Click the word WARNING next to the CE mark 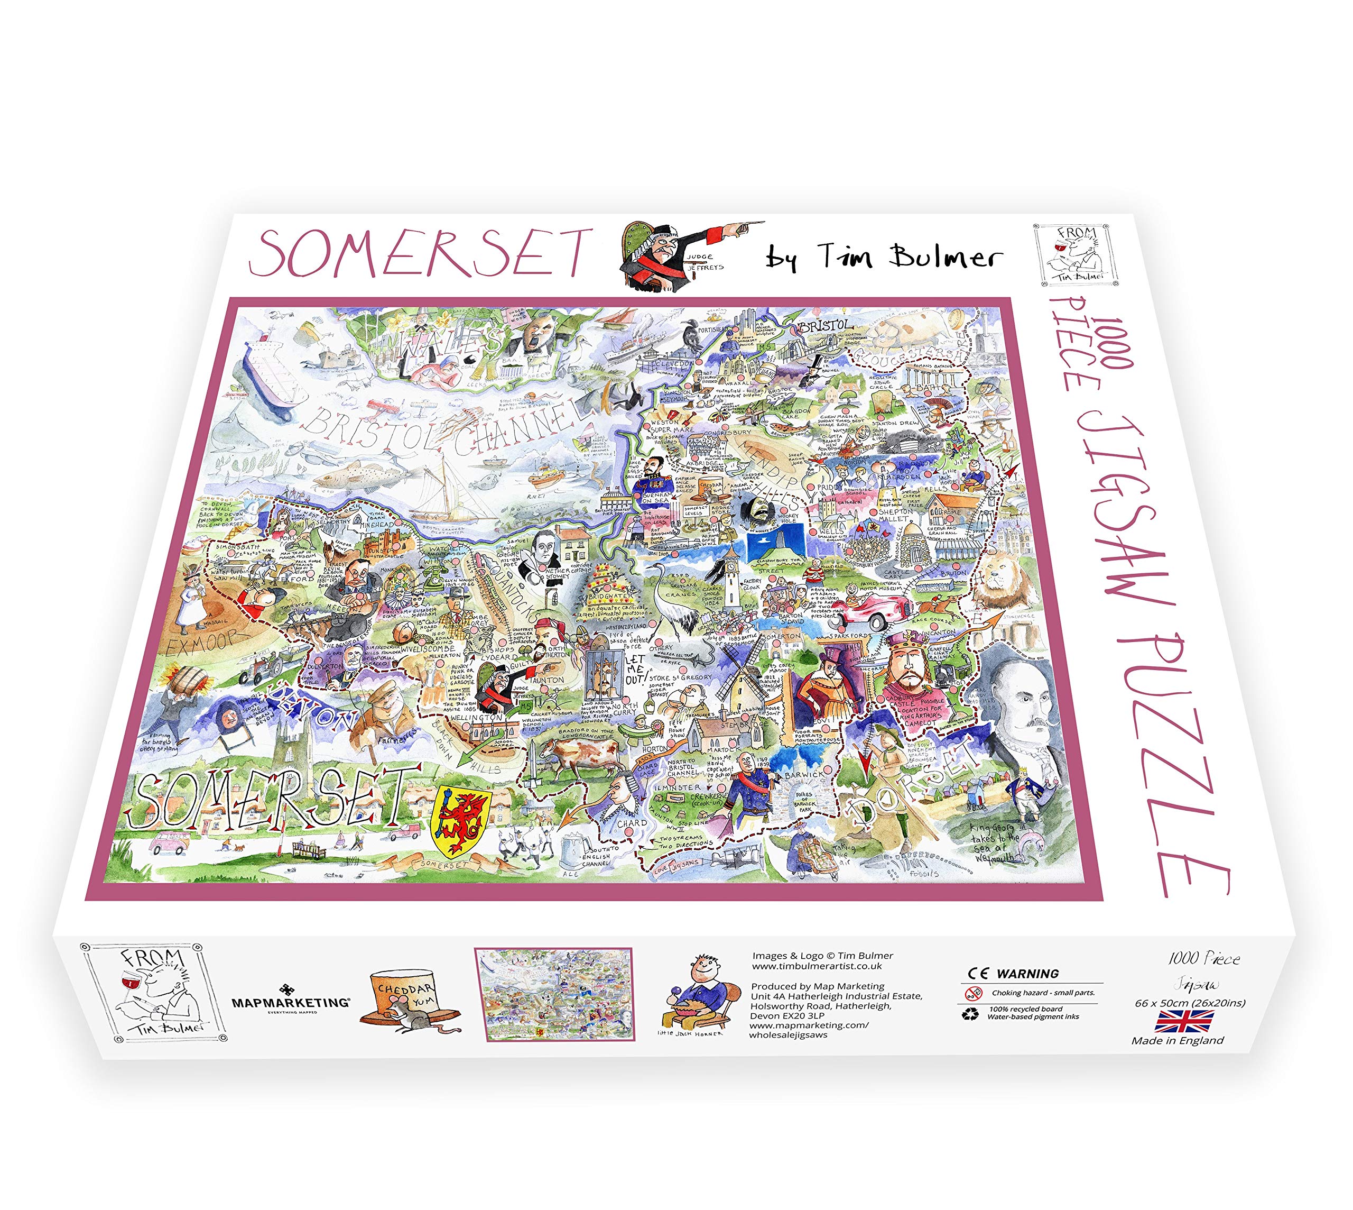(1028, 973)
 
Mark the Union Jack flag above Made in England (1183, 1021)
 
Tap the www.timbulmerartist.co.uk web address (817, 966)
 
